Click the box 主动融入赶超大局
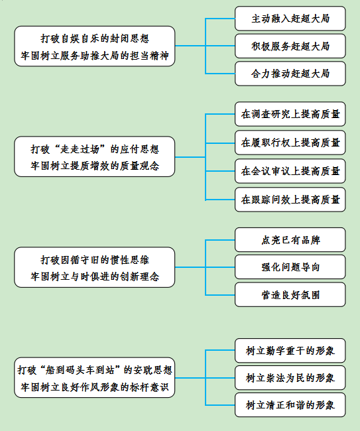pos(290,19)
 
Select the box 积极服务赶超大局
pos(290,46)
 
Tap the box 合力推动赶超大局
pos(290,74)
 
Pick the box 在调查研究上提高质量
pos(290,114)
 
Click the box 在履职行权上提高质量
pos(290,143)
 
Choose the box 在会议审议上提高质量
pos(290,171)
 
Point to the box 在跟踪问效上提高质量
pos(290,200)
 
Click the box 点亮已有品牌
pos(290,239)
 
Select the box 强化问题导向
pos(290,267)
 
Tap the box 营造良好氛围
pos(290,294)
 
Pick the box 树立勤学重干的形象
pos(290,351)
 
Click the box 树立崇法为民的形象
pos(290,378)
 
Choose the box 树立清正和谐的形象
pos(290,405)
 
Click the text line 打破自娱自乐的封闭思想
pos(95,38)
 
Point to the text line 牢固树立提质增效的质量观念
pos(95,166)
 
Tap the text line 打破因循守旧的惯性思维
pos(95,260)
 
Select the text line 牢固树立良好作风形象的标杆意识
pos(95,387)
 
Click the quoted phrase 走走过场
pos(80,149)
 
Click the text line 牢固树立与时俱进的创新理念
pos(95,277)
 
